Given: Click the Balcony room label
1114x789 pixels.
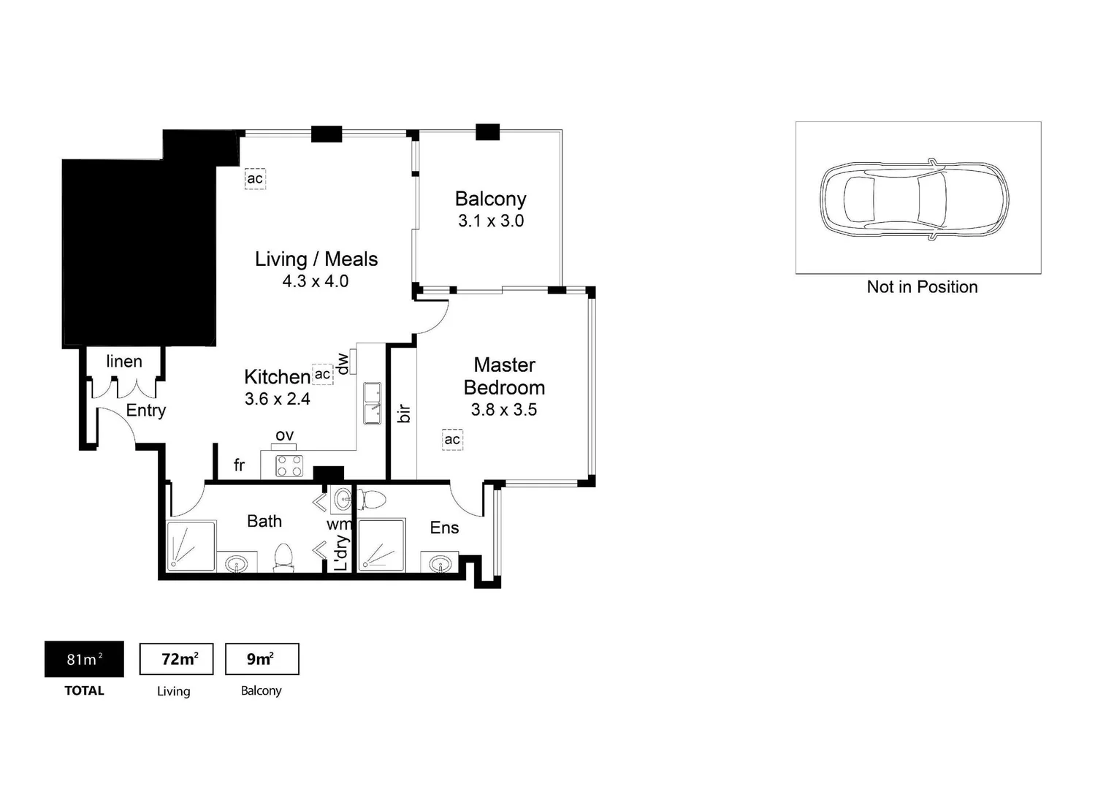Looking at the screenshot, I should [490, 199].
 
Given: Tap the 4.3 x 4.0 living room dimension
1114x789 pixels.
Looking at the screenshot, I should [315, 281].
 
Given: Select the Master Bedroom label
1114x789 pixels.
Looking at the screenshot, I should [504, 376].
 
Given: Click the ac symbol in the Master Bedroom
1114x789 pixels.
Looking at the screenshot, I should [452, 439].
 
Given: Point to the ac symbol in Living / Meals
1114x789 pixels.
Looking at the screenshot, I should [255, 178].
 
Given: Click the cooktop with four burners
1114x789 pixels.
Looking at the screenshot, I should [289, 465].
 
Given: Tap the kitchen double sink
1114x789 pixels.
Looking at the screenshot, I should [373, 403].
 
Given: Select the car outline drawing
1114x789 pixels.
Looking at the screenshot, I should [914, 199].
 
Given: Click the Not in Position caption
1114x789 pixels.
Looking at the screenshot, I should [922, 287].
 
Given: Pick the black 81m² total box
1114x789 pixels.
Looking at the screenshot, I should [84, 659].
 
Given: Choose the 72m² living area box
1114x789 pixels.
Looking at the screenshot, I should [176, 659].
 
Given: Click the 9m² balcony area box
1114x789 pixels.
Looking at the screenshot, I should [262, 659].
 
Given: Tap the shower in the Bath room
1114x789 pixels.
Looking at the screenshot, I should [191, 546].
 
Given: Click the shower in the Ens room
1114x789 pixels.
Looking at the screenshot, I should [381, 545].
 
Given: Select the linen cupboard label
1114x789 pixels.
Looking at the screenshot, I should [124, 362].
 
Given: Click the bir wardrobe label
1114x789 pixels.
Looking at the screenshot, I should [404, 413].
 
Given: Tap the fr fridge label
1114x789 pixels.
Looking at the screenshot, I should [239, 465].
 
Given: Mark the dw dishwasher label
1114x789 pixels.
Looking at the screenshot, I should [342, 363].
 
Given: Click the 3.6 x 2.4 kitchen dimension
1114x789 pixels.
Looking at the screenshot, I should [277, 399].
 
